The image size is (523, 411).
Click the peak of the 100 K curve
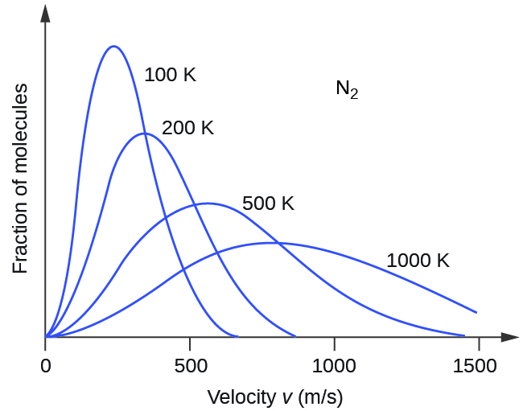[113, 47]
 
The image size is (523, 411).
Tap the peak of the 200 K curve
[145, 134]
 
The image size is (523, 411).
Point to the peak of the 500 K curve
[208, 203]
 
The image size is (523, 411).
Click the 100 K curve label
[170, 76]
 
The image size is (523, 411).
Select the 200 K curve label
[187, 128]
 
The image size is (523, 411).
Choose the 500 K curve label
[268, 203]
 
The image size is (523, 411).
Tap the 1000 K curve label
[418, 261]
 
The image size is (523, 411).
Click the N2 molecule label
[346, 88]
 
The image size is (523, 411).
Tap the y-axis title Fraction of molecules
[21, 178]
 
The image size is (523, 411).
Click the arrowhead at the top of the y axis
[46, 11]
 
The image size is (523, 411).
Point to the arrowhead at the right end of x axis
[509, 337]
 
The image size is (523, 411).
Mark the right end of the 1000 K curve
[476, 312]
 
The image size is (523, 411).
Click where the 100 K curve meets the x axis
[237, 336]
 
